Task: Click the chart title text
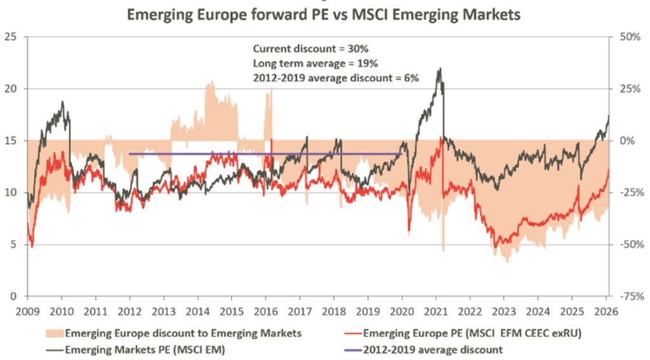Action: pyautogui.click(x=324, y=14)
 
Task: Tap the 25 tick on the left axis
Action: pyautogui.click(x=10, y=37)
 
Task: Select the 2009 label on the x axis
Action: pyautogui.click(x=27, y=312)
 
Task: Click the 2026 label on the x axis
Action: pyautogui.click(x=606, y=312)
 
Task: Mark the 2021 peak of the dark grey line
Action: pyautogui.click(x=439, y=69)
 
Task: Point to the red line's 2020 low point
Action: pyautogui.click(x=409, y=230)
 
